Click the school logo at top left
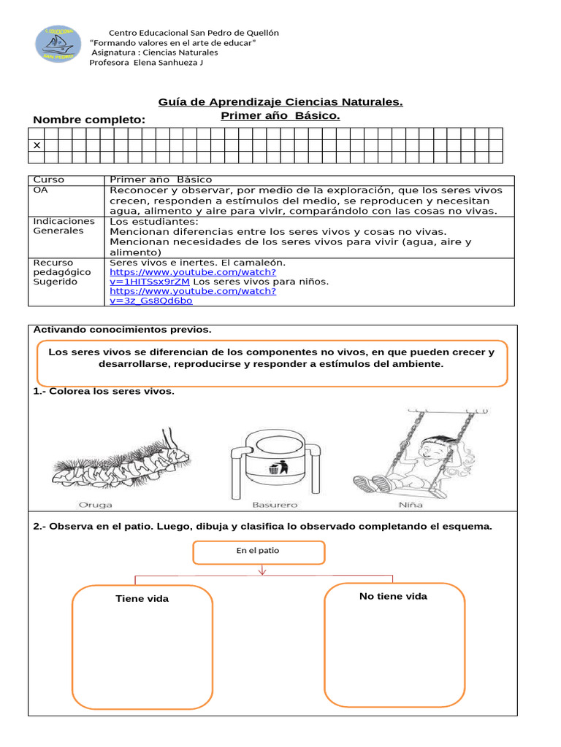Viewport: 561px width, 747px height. click(58, 44)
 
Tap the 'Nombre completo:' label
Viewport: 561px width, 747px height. click(89, 120)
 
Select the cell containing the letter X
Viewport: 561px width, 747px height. click(36, 145)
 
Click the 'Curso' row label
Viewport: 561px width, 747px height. click(49, 179)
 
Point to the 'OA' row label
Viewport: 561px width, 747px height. click(40, 190)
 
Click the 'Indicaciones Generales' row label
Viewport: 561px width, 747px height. click(64, 225)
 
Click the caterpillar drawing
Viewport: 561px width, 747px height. click(121, 462)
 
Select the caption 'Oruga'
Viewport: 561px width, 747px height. click(96, 505)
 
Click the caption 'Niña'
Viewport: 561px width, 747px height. click(411, 505)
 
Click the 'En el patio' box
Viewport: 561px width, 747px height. click(258, 551)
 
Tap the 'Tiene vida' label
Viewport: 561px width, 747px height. click(142, 599)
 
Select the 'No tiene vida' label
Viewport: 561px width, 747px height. click(393, 597)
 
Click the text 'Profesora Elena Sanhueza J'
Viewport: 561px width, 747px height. click(146, 63)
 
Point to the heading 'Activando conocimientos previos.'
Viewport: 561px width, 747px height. click(122, 330)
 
